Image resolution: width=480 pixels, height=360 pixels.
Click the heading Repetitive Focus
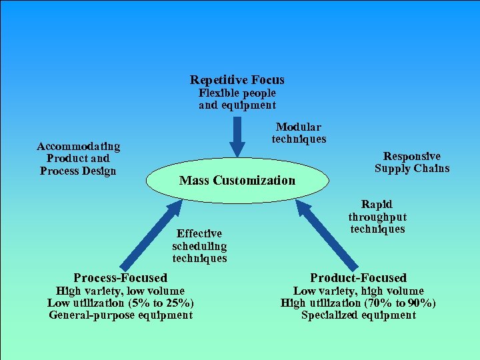237,80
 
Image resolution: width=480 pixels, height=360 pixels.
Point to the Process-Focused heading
120,277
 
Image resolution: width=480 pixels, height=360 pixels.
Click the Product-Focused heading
358,277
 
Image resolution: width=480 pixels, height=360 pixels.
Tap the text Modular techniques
299,133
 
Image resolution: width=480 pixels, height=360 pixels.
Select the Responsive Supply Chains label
411,162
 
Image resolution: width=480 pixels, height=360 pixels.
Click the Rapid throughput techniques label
377,217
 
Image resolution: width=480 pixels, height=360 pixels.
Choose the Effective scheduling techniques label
199,245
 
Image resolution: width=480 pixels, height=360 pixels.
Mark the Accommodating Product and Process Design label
78,158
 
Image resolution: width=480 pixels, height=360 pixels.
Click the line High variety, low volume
120,291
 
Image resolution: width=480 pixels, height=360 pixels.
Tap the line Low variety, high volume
358,291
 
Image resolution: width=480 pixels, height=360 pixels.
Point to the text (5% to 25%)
161,303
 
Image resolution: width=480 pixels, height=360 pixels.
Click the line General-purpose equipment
120,315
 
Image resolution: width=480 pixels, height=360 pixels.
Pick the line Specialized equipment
358,315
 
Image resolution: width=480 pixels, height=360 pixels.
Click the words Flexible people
237,93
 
